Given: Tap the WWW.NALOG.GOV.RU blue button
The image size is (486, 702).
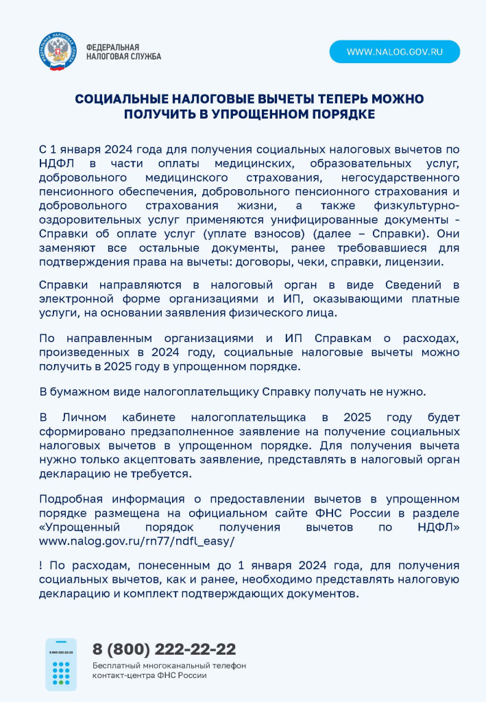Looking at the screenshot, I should [394, 51].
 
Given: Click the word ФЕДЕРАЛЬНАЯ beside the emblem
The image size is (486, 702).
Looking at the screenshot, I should [108, 47].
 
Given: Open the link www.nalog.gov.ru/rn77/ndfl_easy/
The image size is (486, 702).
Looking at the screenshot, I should [136, 541].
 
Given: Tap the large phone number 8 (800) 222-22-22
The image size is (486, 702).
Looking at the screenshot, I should [164, 649].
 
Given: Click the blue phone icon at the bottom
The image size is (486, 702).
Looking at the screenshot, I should [60, 664].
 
